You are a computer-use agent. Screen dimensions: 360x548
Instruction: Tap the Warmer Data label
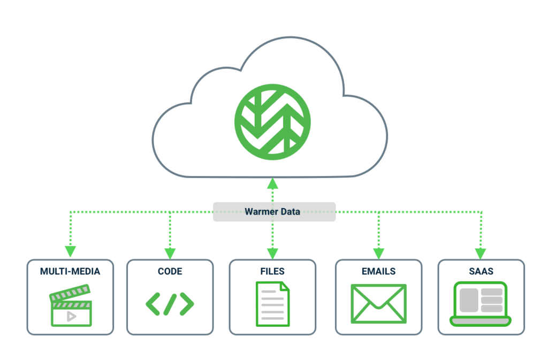click(x=272, y=211)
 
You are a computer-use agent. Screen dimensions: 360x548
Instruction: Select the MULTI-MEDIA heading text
click(x=70, y=271)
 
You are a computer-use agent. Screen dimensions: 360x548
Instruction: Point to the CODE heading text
click(x=170, y=271)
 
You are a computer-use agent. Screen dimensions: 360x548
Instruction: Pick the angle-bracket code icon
click(x=170, y=304)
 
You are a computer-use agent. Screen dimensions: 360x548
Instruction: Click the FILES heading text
click(x=272, y=271)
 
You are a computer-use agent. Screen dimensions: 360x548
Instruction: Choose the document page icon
click(x=272, y=303)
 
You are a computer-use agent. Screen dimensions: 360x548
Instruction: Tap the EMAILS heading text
click(x=378, y=271)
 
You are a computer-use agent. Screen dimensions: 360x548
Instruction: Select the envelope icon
click(x=378, y=304)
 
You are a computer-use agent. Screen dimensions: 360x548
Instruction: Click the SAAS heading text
click(x=481, y=271)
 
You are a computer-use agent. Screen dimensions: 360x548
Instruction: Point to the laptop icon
click(x=481, y=304)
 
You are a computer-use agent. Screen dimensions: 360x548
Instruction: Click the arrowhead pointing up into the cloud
click(x=273, y=183)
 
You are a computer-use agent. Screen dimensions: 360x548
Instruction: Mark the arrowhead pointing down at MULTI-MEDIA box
click(x=70, y=251)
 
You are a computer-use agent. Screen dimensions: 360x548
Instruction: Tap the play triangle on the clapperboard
click(x=71, y=316)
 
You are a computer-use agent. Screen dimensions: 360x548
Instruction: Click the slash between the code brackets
click(x=170, y=304)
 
